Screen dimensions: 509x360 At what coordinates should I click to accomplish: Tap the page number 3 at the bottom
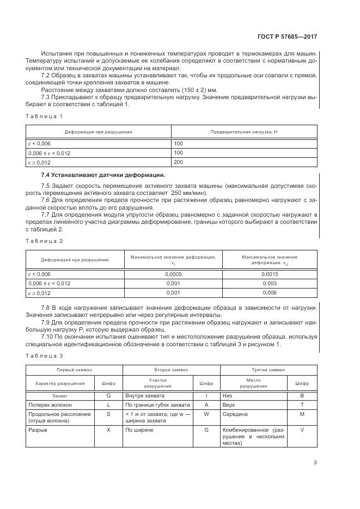315,463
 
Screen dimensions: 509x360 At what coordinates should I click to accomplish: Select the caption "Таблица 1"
45,116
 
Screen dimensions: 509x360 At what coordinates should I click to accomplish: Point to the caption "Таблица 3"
45,355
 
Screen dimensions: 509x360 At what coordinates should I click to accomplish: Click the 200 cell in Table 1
179,162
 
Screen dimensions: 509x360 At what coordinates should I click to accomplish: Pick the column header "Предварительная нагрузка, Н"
244,132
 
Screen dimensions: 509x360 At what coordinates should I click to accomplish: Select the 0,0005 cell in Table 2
172,274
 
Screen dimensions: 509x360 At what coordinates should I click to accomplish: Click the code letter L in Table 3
108,405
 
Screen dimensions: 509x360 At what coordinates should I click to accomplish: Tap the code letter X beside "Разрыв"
108,430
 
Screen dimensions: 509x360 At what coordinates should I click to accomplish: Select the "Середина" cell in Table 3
233,415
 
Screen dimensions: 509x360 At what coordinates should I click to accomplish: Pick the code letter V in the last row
302,430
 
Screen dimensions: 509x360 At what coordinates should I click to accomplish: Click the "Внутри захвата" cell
144,395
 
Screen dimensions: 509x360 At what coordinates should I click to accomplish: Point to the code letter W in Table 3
206,415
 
